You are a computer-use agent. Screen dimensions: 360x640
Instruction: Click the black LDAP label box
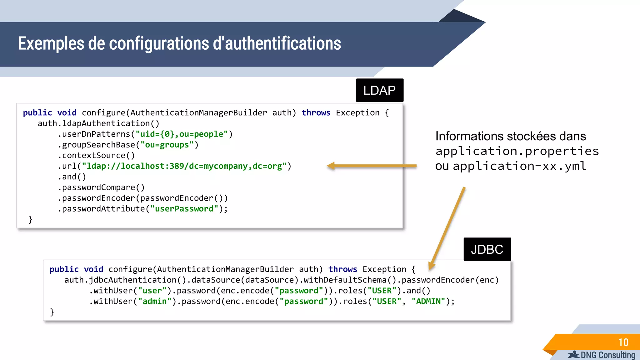point(379,90)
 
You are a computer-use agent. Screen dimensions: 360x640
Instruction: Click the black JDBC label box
point(487,249)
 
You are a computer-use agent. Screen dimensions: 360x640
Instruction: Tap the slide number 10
point(623,342)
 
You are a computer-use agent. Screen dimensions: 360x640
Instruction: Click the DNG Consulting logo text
point(607,355)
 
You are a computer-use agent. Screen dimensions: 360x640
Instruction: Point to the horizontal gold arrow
point(372,166)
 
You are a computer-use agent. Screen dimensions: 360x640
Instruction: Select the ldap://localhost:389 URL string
point(184,166)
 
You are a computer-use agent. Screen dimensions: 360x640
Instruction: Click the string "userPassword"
point(184,209)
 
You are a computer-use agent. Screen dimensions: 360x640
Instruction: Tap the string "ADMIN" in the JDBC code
point(428,301)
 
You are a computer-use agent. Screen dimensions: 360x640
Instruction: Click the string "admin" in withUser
point(155,301)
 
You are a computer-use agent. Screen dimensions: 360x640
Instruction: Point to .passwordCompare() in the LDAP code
point(101,187)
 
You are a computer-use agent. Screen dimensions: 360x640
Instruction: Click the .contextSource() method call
point(96,155)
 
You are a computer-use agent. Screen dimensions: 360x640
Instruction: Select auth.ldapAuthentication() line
point(98,123)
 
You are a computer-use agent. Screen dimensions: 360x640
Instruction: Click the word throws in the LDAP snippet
point(316,113)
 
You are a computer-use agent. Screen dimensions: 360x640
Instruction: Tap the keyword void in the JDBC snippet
point(93,269)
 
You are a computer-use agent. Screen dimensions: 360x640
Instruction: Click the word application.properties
point(517,151)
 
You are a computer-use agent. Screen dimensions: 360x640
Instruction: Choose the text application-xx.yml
point(519,166)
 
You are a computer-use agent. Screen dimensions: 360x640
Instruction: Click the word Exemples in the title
point(51,43)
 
